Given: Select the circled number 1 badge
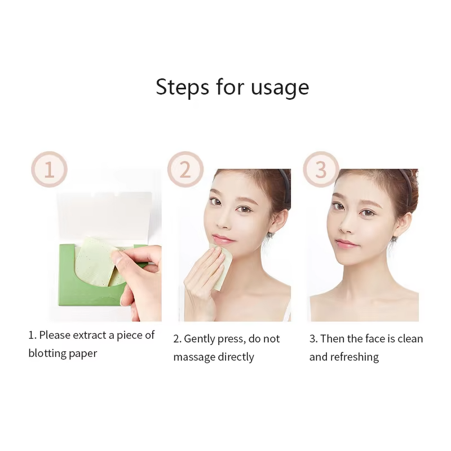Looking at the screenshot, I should point(49,169).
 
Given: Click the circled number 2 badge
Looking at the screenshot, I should point(185,169).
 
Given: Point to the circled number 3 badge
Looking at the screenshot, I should point(321,169).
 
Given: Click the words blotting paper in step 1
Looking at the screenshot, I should point(63,353).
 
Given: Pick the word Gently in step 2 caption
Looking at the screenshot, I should point(200,339).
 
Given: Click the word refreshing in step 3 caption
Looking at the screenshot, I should point(354,357).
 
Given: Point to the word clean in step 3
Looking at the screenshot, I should point(409,339).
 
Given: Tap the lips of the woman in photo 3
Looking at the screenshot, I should point(346,244).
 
